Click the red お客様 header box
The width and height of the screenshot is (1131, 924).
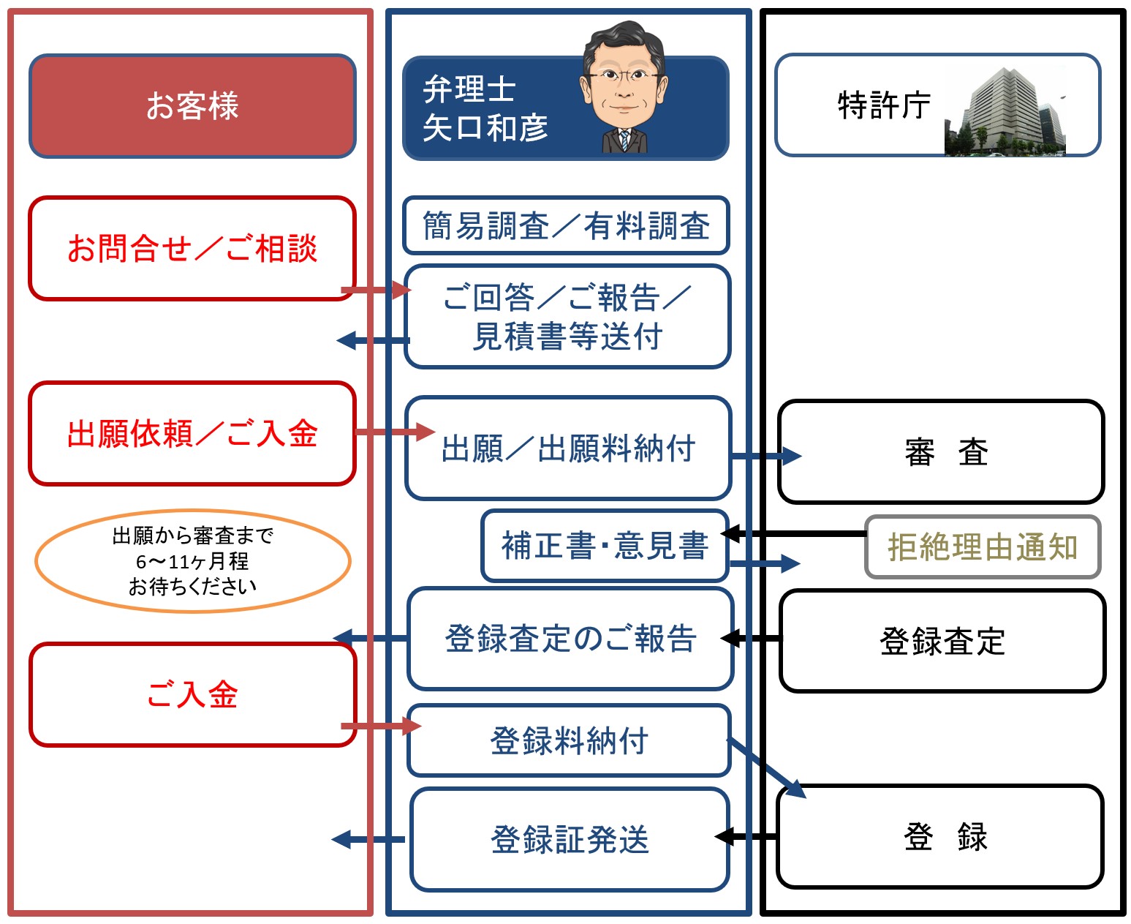click(x=192, y=106)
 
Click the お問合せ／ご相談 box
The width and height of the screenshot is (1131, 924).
click(x=192, y=248)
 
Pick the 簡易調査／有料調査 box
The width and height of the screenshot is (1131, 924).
click(x=567, y=225)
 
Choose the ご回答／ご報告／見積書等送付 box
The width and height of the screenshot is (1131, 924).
click(x=568, y=317)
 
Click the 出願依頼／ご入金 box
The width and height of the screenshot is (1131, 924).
click(x=192, y=433)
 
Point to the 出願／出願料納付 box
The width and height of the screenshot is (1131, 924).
click(x=568, y=448)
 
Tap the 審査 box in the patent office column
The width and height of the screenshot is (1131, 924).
click(x=942, y=451)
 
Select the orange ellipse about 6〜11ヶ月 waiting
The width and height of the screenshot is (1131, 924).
click(x=192, y=561)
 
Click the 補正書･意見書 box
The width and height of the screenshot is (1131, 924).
click(x=605, y=546)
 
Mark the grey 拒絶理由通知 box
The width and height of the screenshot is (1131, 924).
click(x=983, y=547)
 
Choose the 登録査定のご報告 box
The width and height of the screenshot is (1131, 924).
click(x=570, y=638)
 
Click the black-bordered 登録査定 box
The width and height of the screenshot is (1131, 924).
click(x=942, y=641)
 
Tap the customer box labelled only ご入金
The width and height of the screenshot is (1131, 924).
click(x=192, y=694)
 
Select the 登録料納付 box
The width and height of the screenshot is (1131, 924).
click(x=569, y=740)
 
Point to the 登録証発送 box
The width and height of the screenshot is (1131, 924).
click(x=570, y=839)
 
